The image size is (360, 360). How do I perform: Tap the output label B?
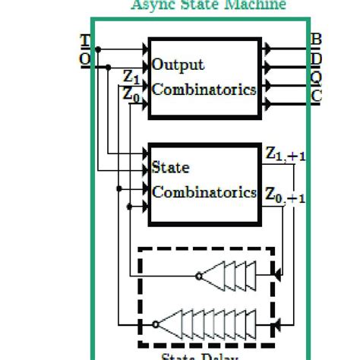click(317, 39)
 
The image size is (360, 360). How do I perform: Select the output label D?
click(317, 57)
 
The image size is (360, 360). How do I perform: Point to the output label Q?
click(317, 77)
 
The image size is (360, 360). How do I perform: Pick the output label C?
click(317, 95)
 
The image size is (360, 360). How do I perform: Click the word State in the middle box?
click(170, 167)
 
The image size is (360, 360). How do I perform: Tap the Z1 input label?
click(131, 77)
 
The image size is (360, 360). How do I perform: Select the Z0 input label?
click(131, 94)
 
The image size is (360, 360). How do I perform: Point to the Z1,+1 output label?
click(286, 156)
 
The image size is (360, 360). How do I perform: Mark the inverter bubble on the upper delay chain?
click(198, 276)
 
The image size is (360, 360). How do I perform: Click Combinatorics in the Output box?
click(204, 89)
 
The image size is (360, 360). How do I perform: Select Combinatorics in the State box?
click(204, 191)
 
